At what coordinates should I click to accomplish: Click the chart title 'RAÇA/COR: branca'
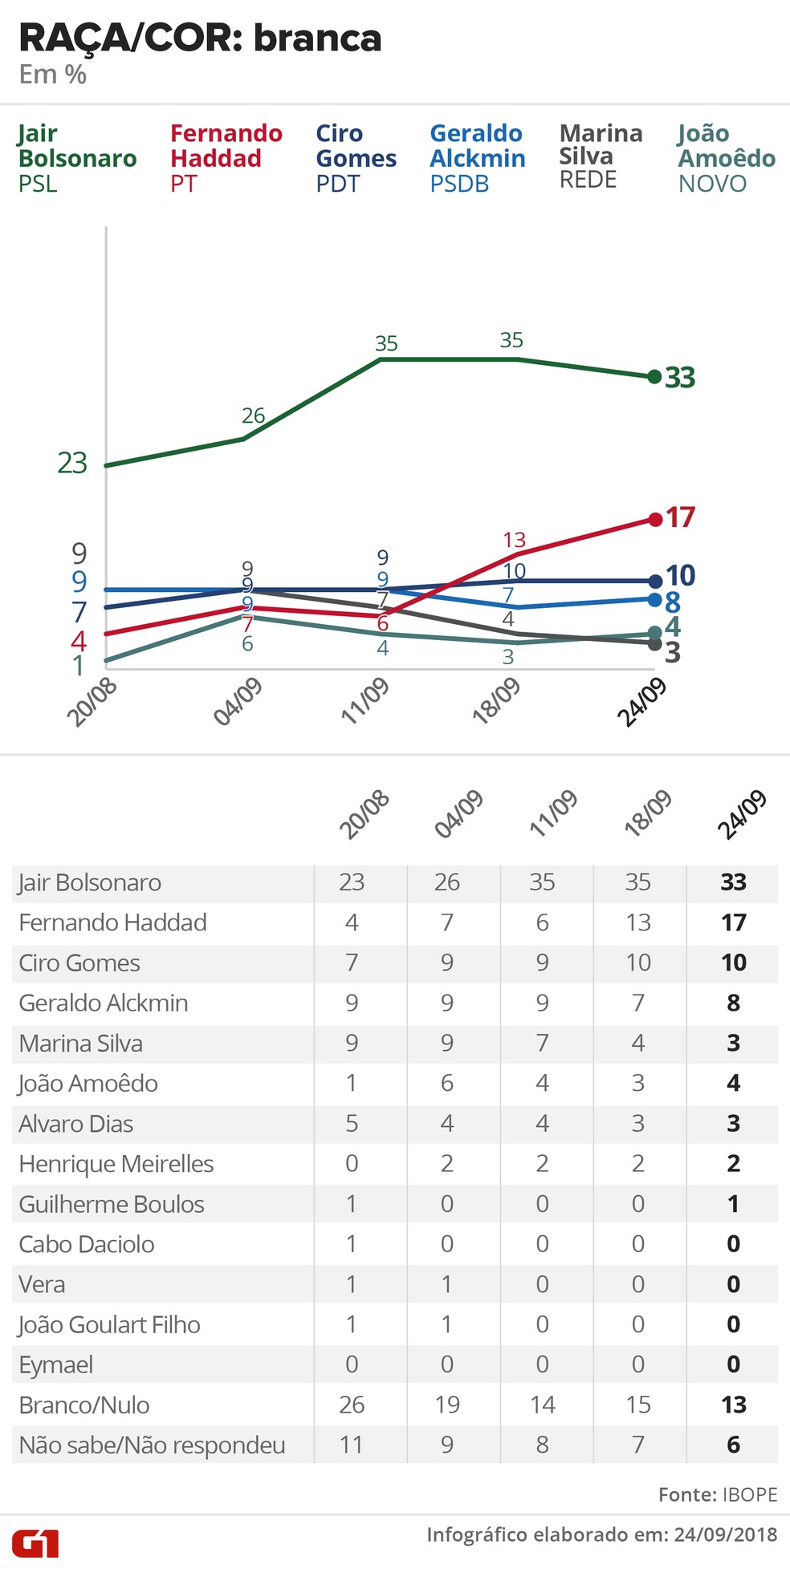pyautogui.click(x=200, y=39)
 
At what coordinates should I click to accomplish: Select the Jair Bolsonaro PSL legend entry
pyautogui.click(x=77, y=158)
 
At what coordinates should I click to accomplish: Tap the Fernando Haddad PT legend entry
pyautogui.click(x=226, y=158)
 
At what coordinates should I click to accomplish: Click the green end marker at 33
pyautogui.click(x=654, y=376)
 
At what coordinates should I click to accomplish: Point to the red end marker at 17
pyautogui.click(x=654, y=519)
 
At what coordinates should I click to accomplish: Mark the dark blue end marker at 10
pyautogui.click(x=654, y=581)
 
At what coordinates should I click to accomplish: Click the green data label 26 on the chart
pyautogui.click(x=253, y=416)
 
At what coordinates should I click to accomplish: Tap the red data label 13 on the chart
pyautogui.click(x=514, y=540)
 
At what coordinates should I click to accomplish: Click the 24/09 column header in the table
pyautogui.click(x=741, y=814)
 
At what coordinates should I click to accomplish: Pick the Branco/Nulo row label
pyautogui.click(x=84, y=1405)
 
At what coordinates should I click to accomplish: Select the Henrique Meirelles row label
pyautogui.click(x=116, y=1164)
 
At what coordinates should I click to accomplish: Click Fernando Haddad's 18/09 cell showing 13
pyautogui.click(x=638, y=922)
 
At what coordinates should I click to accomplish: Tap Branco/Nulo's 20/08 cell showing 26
pyautogui.click(x=352, y=1405)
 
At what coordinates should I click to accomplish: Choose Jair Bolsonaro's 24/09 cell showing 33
pyautogui.click(x=733, y=882)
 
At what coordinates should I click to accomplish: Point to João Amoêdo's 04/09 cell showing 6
pyautogui.click(x=447, y=1083)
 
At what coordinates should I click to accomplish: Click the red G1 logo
pyautogui.click(x=35, y=1543)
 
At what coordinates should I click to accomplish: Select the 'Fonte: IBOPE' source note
pyautogui.click(x=718, y=1494)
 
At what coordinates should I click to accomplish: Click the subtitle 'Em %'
pyautogui.click(x=53, y=75)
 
